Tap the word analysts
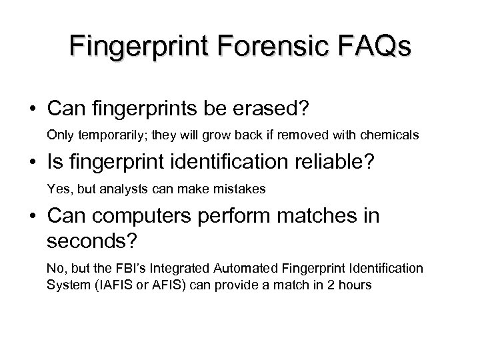(131, 190)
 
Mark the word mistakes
(241, 190)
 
